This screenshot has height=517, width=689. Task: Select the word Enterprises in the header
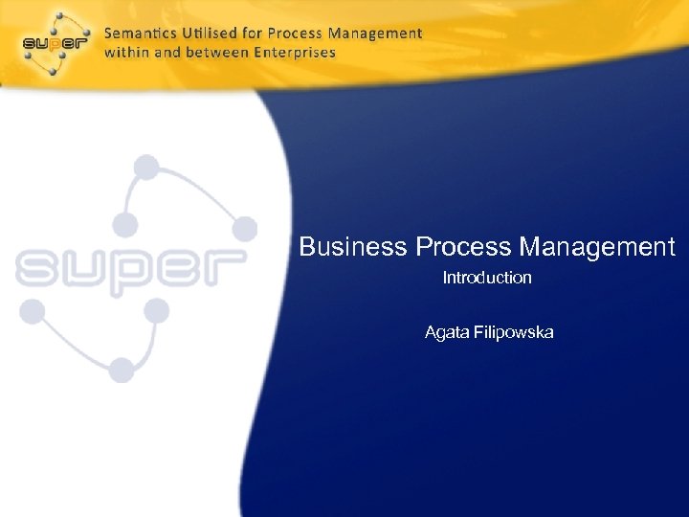(x=294, y=52)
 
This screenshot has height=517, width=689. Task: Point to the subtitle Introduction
(x=487, y=278)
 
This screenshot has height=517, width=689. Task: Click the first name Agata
(x=447, y=333)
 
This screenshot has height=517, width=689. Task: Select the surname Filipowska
(x=514, y=333)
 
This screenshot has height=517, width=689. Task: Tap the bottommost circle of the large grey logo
(x=122, y=369)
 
